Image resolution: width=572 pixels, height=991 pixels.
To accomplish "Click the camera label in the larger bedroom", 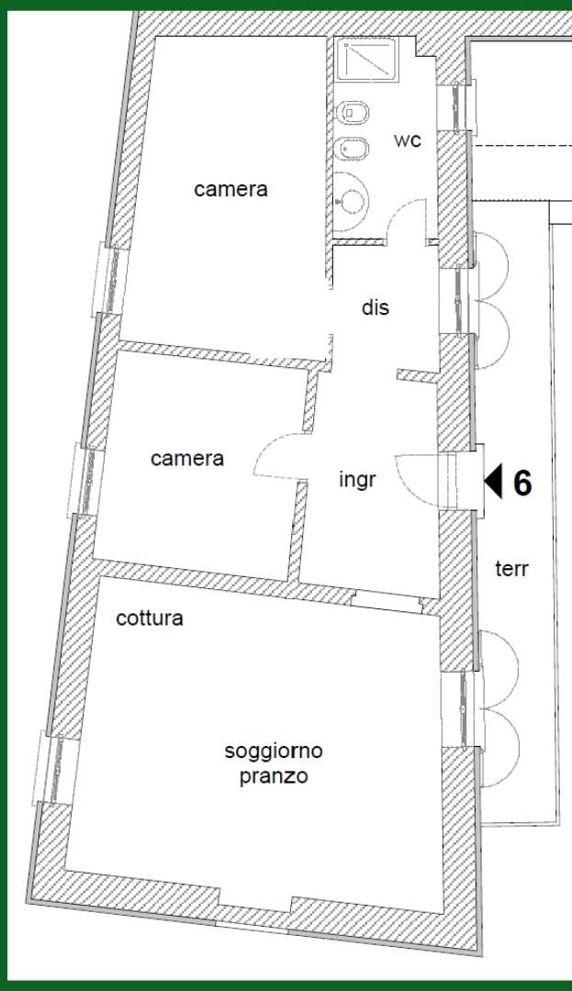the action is click(x=230, y=189).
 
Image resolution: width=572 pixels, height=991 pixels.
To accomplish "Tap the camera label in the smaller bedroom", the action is click(x=187, y=458).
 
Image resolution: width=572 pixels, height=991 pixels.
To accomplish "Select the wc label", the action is click(x=408, y=140).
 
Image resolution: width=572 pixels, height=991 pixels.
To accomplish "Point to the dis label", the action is click(x=376, y=307).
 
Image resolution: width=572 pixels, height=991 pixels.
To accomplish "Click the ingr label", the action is click(x=358, y=480).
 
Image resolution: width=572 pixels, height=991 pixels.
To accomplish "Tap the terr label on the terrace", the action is click(x=512, y=568).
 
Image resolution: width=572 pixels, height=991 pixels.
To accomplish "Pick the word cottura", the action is click(x=150, y=618).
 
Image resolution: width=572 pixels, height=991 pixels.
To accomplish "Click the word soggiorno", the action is click(x=274, y=751).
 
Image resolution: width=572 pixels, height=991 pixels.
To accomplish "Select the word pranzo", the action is click(x=274, y=775).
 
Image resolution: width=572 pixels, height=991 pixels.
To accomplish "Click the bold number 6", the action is click(x=522, y=483).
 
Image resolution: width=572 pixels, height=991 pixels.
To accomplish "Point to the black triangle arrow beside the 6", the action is click(x=494, y=481).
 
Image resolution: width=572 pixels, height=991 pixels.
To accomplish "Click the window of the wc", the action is click(x=455, y=107).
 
